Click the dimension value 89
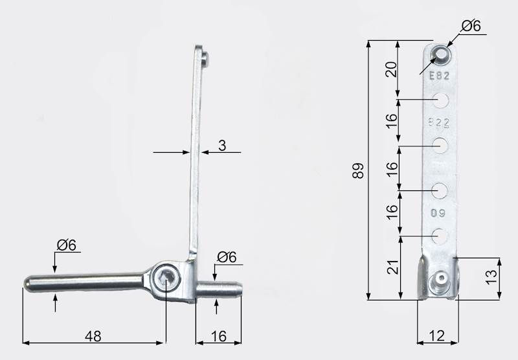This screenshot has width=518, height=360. (x=359, y=171)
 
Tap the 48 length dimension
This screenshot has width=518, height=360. (x=93, y=336)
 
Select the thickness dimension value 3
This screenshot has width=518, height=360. (x=222, y=145)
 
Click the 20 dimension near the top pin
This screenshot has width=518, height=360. (x=392, y=69)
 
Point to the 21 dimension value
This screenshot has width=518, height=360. (x=393, y=267)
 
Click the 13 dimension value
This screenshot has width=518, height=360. (x=492, y=276)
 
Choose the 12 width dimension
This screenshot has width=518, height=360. (x=437, y=336)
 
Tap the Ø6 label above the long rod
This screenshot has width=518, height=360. (x=67, y=245)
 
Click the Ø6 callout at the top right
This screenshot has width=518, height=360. (x=471, y=26)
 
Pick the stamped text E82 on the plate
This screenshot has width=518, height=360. (x=440, y=76)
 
